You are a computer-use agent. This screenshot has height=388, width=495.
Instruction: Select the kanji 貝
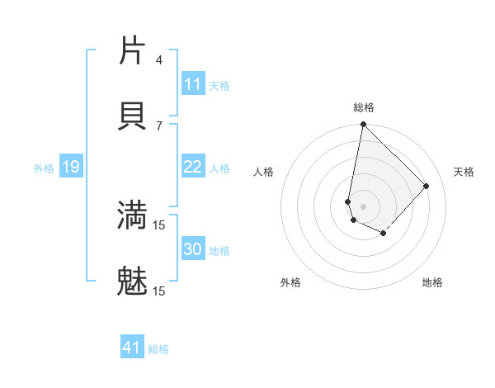pyautogui.click(x=133, y=115)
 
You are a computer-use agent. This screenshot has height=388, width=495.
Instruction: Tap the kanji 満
pyautogui.click(x=133, y=215)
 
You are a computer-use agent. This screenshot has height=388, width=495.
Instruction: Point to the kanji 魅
pyautogui.click(x=133, y=281)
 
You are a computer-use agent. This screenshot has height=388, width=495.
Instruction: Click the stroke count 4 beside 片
pyautogui.click(x=159, y=59)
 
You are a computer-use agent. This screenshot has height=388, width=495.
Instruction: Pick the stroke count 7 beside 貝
pyautogui.click(x=159, y=125)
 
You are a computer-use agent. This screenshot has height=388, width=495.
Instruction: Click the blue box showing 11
pyautogui.click(x=193, y=84)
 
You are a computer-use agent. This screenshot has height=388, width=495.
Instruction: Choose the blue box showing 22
pyautogui.click(x=193, y=167)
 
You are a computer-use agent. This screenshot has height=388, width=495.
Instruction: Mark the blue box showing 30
pyautogui.click(x=193, y=249)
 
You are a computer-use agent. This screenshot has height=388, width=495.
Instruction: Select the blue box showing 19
pyautogui.click(x=71, y=168)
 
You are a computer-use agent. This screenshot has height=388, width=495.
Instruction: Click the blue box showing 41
pyautogui.click(x=132, y=348)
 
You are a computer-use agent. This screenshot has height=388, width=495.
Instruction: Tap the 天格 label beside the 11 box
pyautogui.click(x=219, y=86)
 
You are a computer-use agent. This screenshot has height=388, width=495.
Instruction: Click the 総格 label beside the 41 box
pyautogui.click(x=158, y=349)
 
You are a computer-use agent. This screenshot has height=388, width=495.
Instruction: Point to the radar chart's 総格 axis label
pyautogui.click(x=364, y=107)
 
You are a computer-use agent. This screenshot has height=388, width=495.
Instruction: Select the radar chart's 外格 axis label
pyautogui.click(x=290, y=282)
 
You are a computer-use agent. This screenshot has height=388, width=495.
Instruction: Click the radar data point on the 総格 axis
pyautogui.click(x=363, y=125)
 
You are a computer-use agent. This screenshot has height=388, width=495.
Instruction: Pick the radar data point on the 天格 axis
pyautogui.click(x=427, y=186)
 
